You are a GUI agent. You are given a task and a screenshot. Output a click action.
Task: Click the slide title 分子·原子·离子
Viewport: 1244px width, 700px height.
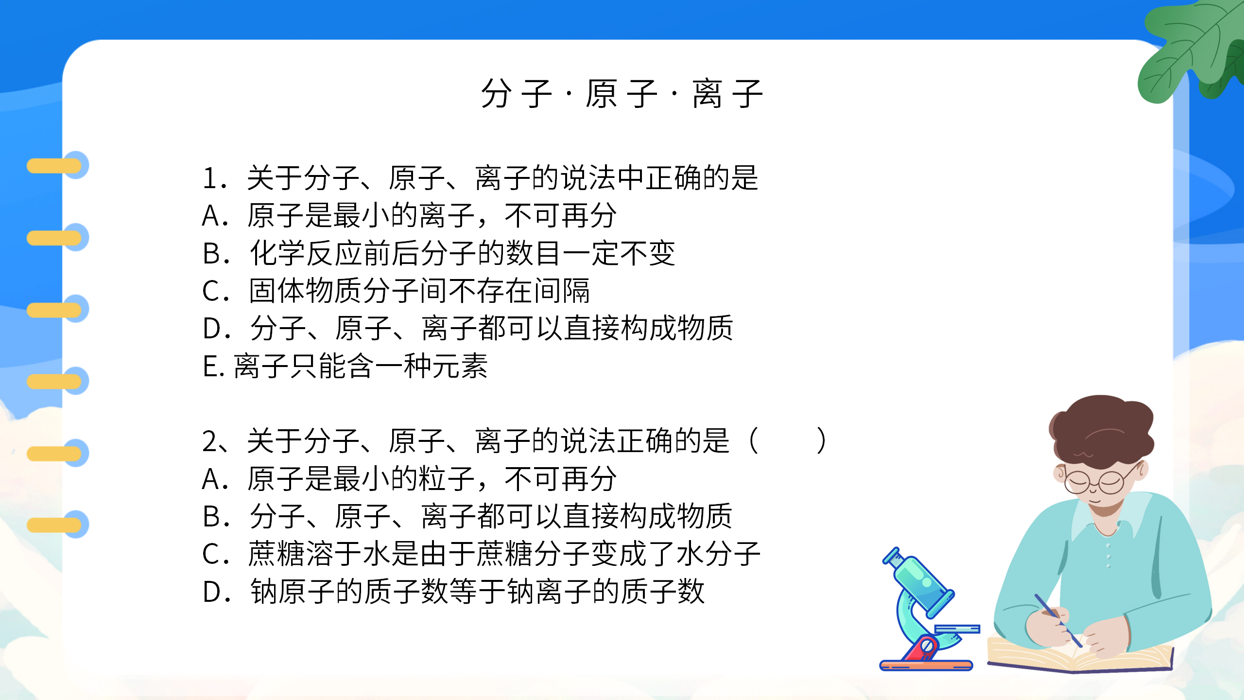(x=621, y=93)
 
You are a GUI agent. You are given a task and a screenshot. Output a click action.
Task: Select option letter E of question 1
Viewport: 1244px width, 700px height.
(x=210, y=367)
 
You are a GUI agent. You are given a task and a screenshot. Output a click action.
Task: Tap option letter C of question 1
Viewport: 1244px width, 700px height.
(x=212, y=291)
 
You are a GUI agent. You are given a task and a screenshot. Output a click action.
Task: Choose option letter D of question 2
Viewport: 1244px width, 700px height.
(x=213, y=592)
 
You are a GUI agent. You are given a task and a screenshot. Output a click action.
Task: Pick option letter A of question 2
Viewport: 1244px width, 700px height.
(x=212, y=479)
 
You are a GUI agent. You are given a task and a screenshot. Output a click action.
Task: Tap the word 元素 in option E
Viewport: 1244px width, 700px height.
(x=460, y=367)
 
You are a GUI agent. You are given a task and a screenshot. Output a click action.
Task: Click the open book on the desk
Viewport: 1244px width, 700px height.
(x=1079, y=656)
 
